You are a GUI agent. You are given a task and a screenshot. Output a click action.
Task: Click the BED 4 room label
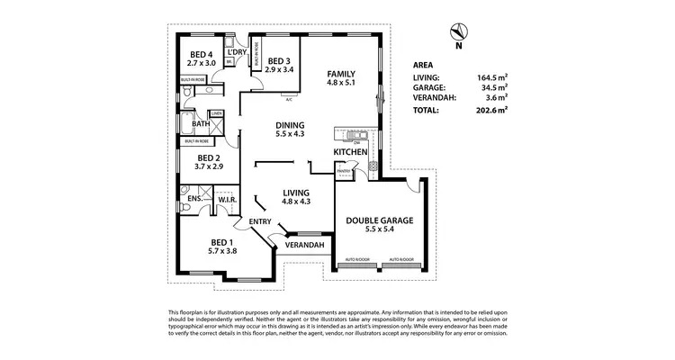point(202,54)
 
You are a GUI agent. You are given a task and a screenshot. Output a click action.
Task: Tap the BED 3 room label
point(280,60)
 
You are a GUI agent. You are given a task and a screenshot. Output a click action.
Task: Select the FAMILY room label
point(341,74)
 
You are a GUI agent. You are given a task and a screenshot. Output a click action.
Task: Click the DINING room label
point(290,125)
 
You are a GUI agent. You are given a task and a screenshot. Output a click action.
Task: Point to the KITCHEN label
point(351,153)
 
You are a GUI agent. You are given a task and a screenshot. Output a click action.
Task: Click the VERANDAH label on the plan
point(304,245)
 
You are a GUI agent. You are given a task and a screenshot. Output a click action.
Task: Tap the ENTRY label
point(260,221)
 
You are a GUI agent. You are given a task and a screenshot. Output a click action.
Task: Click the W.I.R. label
point(227,201)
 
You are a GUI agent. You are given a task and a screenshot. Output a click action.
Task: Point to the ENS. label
point(194,200)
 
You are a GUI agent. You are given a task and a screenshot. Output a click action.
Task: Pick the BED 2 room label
point(197,157)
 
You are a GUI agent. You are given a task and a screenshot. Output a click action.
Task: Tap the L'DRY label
point(238,52)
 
